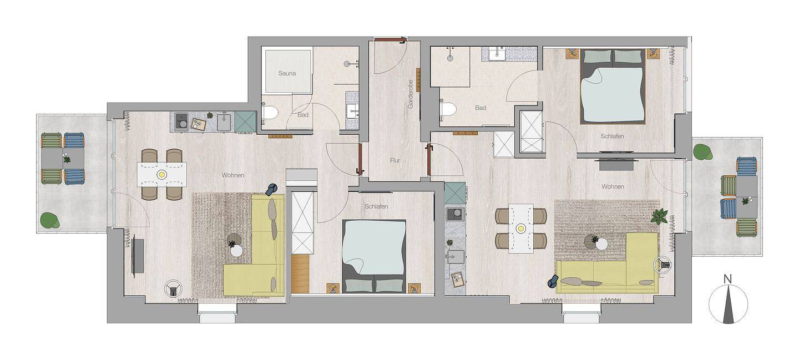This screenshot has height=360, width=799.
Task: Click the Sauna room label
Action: point(287,73)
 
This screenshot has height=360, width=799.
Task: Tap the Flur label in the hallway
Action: point(395,161)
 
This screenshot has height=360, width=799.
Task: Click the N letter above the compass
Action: point(727,280)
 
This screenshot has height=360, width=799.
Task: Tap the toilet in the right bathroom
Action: point(448,108)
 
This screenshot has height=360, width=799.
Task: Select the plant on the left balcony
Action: point(49,220)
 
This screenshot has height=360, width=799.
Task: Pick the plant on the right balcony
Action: point(703,152)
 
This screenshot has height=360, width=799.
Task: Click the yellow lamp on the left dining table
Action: point(162,175)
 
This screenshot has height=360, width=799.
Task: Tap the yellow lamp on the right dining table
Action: point(521,228)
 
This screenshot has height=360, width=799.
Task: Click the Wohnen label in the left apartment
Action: point(233,175)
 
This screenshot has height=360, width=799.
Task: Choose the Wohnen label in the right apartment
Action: point(613,187)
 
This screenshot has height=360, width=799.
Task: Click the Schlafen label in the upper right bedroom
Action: point(612,136)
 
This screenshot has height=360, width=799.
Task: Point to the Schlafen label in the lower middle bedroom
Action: point(376,206)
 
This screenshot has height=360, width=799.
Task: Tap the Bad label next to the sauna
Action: point(303,115)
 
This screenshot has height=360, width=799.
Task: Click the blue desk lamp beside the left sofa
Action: point(271,189)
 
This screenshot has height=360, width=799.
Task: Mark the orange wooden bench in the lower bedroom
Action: point(300,274)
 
